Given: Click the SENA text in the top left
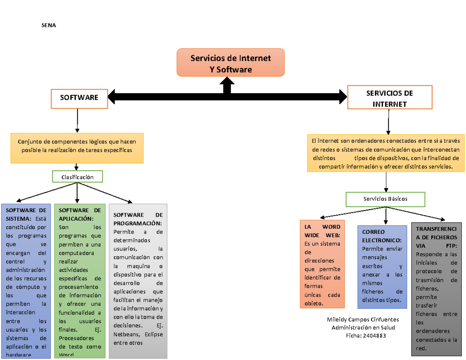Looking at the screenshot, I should point(49,26).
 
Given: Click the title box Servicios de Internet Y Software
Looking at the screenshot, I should point(230,63).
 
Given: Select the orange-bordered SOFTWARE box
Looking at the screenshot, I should point(79,98).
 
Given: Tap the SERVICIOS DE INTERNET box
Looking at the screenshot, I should point(389,98).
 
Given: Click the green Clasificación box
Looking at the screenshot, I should point(77,177).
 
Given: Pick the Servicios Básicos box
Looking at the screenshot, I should point(385,198).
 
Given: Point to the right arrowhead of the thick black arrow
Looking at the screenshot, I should point(343,97).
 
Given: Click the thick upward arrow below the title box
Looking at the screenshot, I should point(227,85).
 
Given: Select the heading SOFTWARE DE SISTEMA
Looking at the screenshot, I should point(26,214).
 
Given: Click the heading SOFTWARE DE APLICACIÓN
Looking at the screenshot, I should point(79,214).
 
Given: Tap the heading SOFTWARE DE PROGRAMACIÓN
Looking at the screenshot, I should point(138,219).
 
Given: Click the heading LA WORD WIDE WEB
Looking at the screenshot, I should point(322,231).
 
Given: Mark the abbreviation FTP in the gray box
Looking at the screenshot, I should point(450,246).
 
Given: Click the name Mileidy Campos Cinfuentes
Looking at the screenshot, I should point(363,319).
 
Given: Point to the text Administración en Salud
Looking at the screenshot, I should point(363,328).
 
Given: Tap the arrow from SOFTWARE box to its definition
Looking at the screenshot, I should point(77,121).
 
